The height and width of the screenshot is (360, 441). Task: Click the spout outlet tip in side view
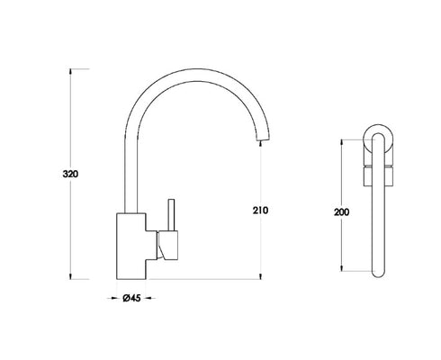[x=260, y=139]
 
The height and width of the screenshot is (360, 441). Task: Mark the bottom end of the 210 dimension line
[x=261, y=276]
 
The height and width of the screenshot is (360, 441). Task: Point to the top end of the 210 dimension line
[x=261, y=143]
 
